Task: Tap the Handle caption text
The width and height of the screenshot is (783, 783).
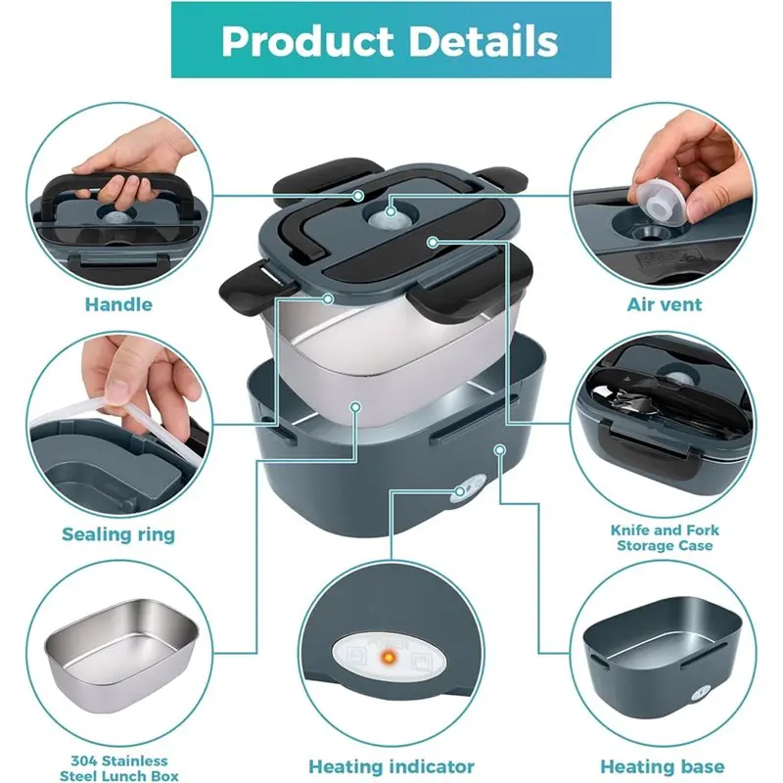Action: (x=118, y=304)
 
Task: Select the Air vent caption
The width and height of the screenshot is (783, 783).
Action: (x=664, y=304)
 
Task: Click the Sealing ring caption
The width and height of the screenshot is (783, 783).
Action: (x=118, y=534)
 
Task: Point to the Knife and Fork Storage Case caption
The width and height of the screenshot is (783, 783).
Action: (x=664, y=537)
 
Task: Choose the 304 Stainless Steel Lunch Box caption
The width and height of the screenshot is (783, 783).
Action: (x=118, y=768)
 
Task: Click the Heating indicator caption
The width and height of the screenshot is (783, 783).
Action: (x=391, y=766)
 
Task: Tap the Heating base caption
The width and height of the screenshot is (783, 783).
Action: (x=664, y=766)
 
